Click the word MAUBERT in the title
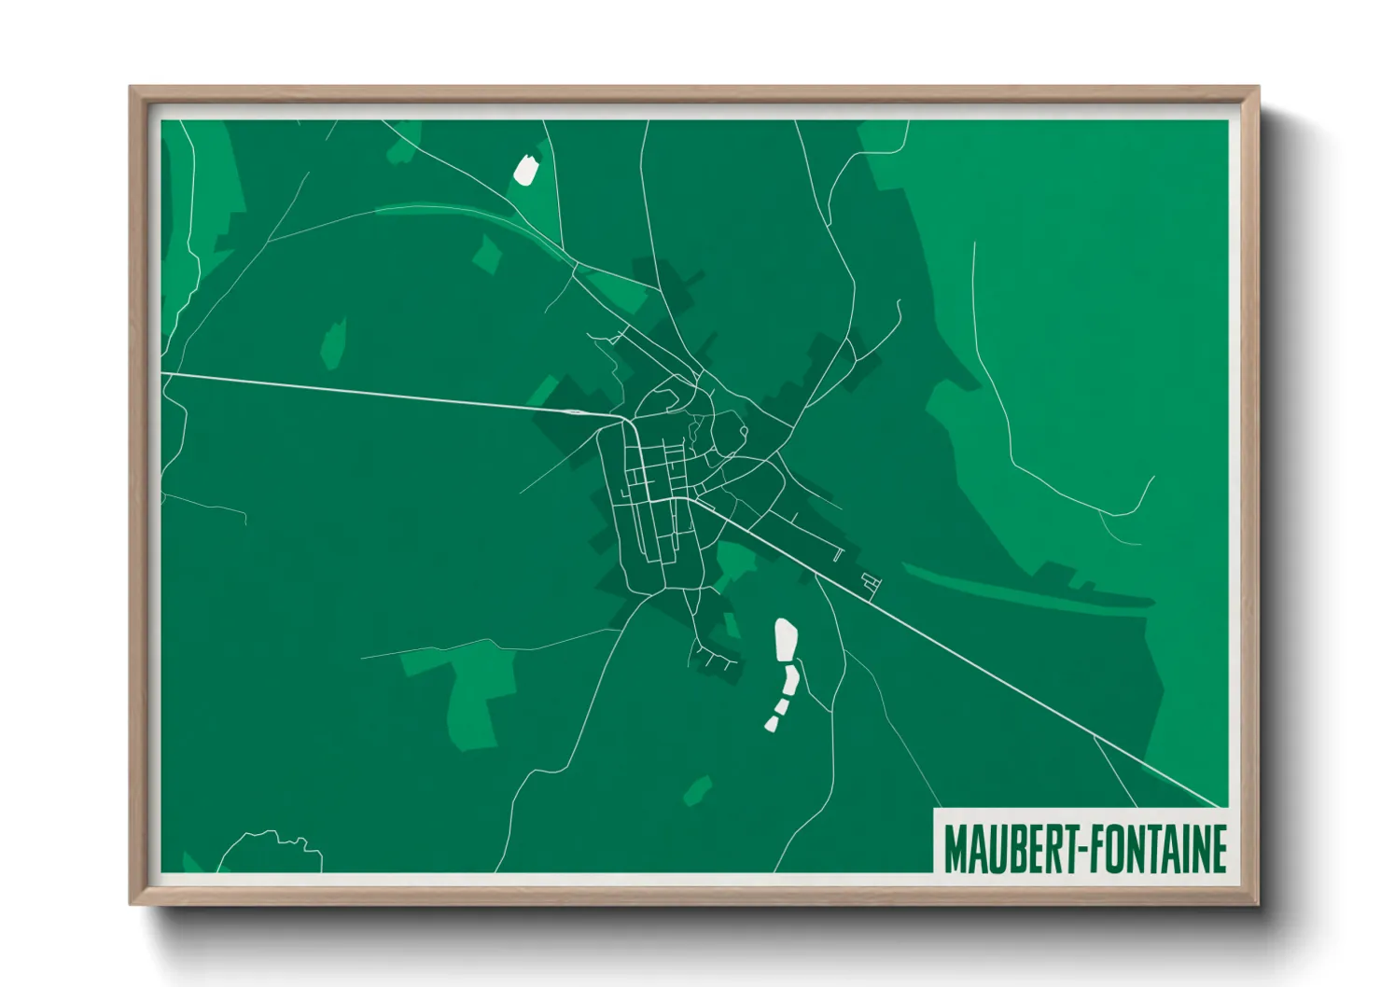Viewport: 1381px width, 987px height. (x=1011, y=849)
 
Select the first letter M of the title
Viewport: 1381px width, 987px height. (x=956, y=849)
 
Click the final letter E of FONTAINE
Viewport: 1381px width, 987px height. (x=1218, y=849)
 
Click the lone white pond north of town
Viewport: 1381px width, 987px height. (x=526, y=170)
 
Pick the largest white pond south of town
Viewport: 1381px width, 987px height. (x=786, y=640)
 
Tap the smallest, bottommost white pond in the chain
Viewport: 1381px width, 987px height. (x=772, y=722)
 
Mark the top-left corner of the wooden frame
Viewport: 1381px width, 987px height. (x=132, y=89)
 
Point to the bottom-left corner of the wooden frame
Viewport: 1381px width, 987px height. (x=132, y=903)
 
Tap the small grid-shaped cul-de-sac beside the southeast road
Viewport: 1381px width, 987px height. (x=872, y=582)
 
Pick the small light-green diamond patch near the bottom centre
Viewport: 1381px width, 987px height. (x=696, y=791)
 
